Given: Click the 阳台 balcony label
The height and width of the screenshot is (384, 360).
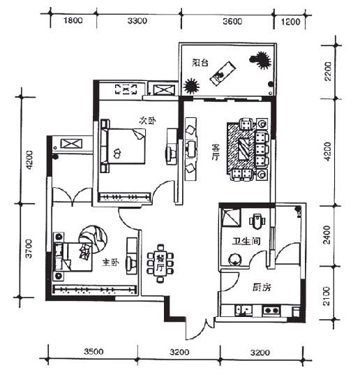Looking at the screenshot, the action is tap(200, 63).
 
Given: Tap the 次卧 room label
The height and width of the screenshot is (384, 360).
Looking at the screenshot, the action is tap(147, 121).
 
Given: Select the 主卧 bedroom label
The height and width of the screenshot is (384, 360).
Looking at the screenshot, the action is tap(111, 263).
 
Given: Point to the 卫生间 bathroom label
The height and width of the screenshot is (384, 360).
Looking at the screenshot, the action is tap(246, 242).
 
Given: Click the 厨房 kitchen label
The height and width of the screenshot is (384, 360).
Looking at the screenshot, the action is tap(262, 287).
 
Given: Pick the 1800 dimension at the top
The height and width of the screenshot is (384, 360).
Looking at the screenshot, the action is tap(73, 20).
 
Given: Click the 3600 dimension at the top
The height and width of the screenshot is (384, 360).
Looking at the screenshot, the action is tap(232, 22).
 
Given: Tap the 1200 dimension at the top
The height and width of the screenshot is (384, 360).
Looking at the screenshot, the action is tap(290, 22).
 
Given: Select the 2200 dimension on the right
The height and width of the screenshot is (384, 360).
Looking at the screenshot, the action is tap(328, 71).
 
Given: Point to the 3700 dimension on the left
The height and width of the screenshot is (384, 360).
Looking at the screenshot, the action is tap(29, 249).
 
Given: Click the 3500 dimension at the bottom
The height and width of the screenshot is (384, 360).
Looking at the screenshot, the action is tap(93, 352).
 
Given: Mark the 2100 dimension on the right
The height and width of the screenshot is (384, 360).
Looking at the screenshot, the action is tap(327, 296).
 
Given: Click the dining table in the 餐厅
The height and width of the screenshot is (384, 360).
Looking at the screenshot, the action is tap(160, 263).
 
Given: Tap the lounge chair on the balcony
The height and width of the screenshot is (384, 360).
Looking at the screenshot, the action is tap(223, 73).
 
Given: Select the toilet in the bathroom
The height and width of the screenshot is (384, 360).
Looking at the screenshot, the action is tap(257, 221).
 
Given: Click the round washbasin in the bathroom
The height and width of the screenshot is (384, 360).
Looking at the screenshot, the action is tap(234, 259).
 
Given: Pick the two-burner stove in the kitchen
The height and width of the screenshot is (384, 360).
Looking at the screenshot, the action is tap(271, 310).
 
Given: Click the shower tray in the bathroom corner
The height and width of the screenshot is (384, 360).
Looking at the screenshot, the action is tap(231, 216).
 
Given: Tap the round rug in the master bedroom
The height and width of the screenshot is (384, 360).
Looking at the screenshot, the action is tap(93, 239).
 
